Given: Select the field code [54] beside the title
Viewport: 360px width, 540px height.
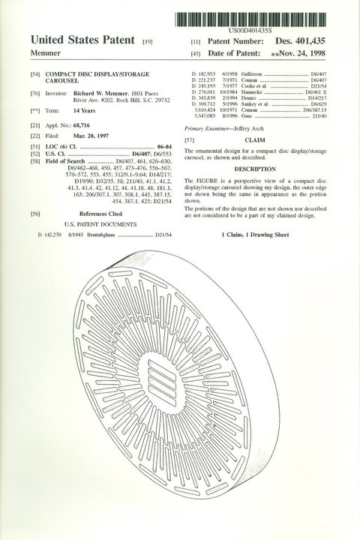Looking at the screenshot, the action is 35,76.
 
